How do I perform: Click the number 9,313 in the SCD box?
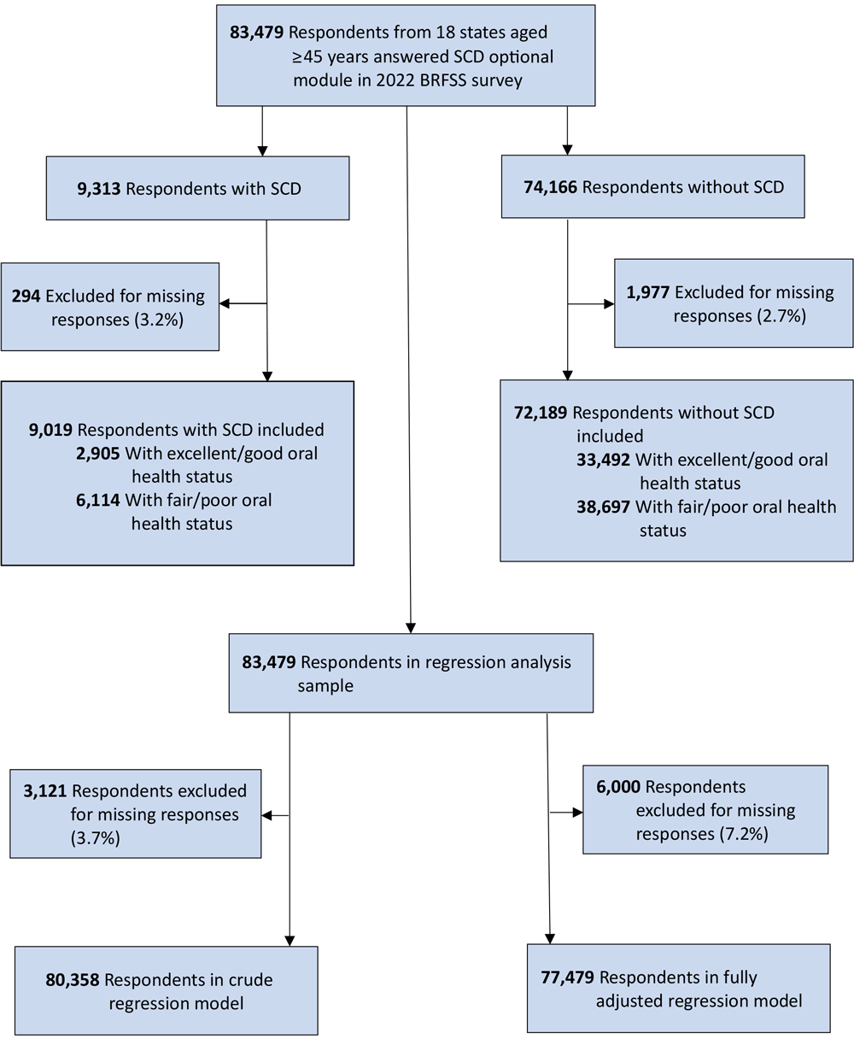tap(99, 188)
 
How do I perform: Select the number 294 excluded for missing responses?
tap(26, 296)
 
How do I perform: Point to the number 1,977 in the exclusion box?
tap(648, 293)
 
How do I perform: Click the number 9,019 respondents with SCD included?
tap(51, 431)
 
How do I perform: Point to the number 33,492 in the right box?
tap(604, 460)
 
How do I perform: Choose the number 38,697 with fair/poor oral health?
tap(604, 507)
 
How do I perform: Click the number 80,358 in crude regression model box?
tap(73, 979)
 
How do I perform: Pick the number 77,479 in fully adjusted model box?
tap(569, 977)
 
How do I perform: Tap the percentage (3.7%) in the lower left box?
tap(95, 838)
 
